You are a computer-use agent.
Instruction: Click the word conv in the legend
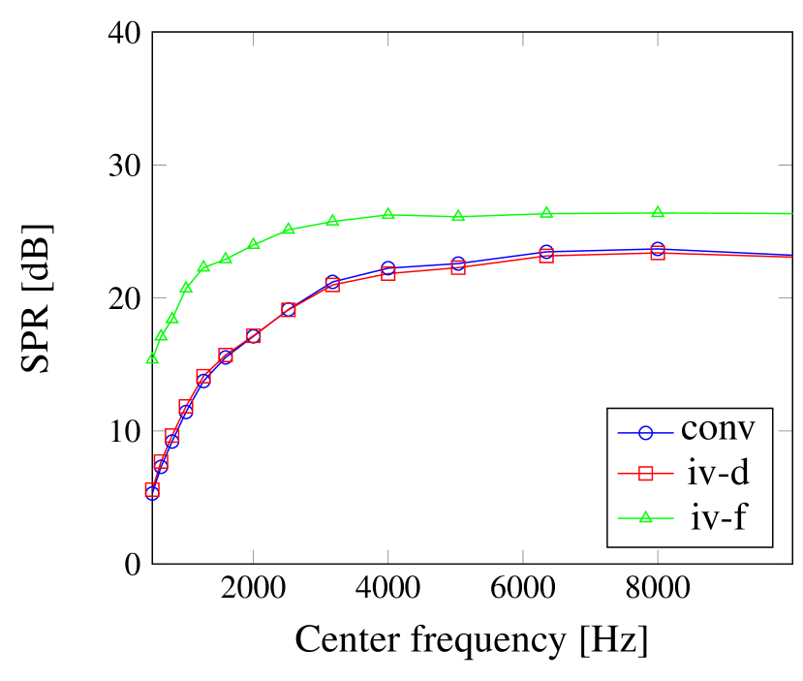(718, 429)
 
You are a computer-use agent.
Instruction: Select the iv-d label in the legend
(715, 473)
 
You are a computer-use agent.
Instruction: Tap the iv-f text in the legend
(718, 517)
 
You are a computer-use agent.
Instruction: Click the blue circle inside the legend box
(646, 430)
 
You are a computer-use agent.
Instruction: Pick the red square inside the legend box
(646, 474)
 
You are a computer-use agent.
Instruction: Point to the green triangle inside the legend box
(646, 517)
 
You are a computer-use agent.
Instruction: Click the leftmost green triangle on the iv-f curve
(152, 358)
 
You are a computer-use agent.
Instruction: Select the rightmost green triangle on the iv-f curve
(658, 212)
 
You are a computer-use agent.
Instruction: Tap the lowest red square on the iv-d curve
(152, 490)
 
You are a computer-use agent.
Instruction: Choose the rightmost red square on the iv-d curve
(658, 253)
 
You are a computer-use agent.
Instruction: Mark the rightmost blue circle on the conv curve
(658, 249)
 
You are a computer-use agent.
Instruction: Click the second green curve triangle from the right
(546, 212)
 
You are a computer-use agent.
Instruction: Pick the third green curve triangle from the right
(458, 215)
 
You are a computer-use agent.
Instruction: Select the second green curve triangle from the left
(161, 335)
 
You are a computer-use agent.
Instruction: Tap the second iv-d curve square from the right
(546, 256)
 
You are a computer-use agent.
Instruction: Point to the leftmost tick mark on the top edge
(253, 39)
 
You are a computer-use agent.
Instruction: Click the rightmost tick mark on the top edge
(658, 39)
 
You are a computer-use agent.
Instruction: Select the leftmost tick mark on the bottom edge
(253, 555)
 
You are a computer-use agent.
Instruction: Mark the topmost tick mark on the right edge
(785, 165)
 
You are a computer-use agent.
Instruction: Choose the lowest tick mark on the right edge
(785, 430)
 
